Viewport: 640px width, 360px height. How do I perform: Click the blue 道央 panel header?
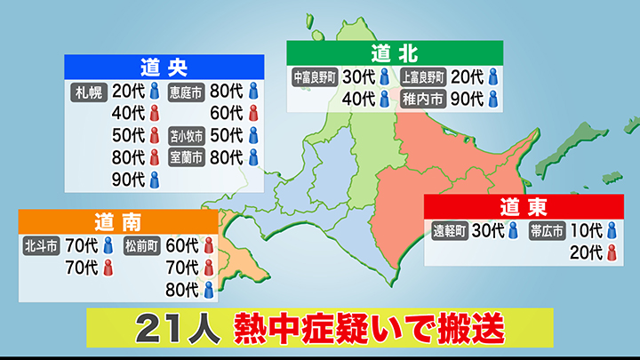164,66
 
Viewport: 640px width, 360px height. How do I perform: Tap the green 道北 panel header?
394,52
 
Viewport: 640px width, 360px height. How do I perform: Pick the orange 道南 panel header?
116,220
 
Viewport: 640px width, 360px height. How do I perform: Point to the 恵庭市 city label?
187,90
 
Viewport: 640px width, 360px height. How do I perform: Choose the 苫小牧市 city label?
187,136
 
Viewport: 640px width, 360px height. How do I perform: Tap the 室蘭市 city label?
187,158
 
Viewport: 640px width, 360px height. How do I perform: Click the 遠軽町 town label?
451,231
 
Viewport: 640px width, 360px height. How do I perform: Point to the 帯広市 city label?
547,231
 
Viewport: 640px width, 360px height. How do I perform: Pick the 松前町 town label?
142,244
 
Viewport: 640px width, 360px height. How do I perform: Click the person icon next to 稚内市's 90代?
492,99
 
